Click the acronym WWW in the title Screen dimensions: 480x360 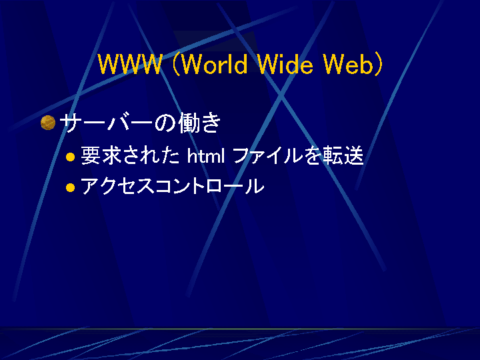130,64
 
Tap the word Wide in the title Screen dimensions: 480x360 285,64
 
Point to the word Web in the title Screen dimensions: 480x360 347,64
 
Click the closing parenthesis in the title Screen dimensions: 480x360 379,64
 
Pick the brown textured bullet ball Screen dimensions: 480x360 48,123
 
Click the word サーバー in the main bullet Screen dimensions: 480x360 106,123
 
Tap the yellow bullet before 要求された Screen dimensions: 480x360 71,157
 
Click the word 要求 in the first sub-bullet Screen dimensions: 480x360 100,155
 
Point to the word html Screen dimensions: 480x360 206,155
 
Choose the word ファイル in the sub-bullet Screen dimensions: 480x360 268,155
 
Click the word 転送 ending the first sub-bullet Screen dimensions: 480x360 344,155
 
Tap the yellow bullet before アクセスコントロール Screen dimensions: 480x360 71,187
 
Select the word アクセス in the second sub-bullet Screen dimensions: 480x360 118,186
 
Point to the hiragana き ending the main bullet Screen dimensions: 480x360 210,123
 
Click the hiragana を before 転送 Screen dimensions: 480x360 313,155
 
